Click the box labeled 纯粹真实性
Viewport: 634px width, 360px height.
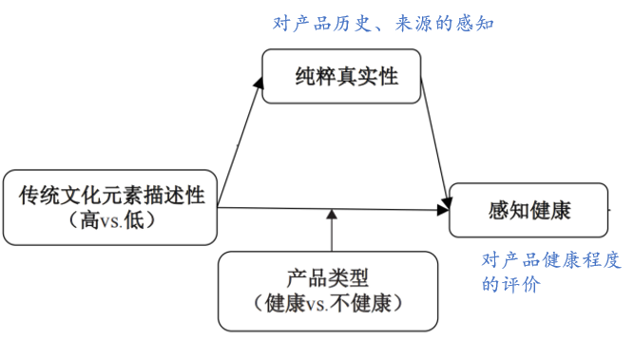[344, 77]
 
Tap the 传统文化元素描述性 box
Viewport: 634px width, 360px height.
[109, 206]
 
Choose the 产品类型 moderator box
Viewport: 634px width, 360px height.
[326, 289]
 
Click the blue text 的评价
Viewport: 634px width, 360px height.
[511, 284]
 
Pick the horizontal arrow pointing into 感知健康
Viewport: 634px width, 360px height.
[333, 207]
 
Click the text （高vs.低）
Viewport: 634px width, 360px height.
[111, 219]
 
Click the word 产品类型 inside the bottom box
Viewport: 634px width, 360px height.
[326, 278]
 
